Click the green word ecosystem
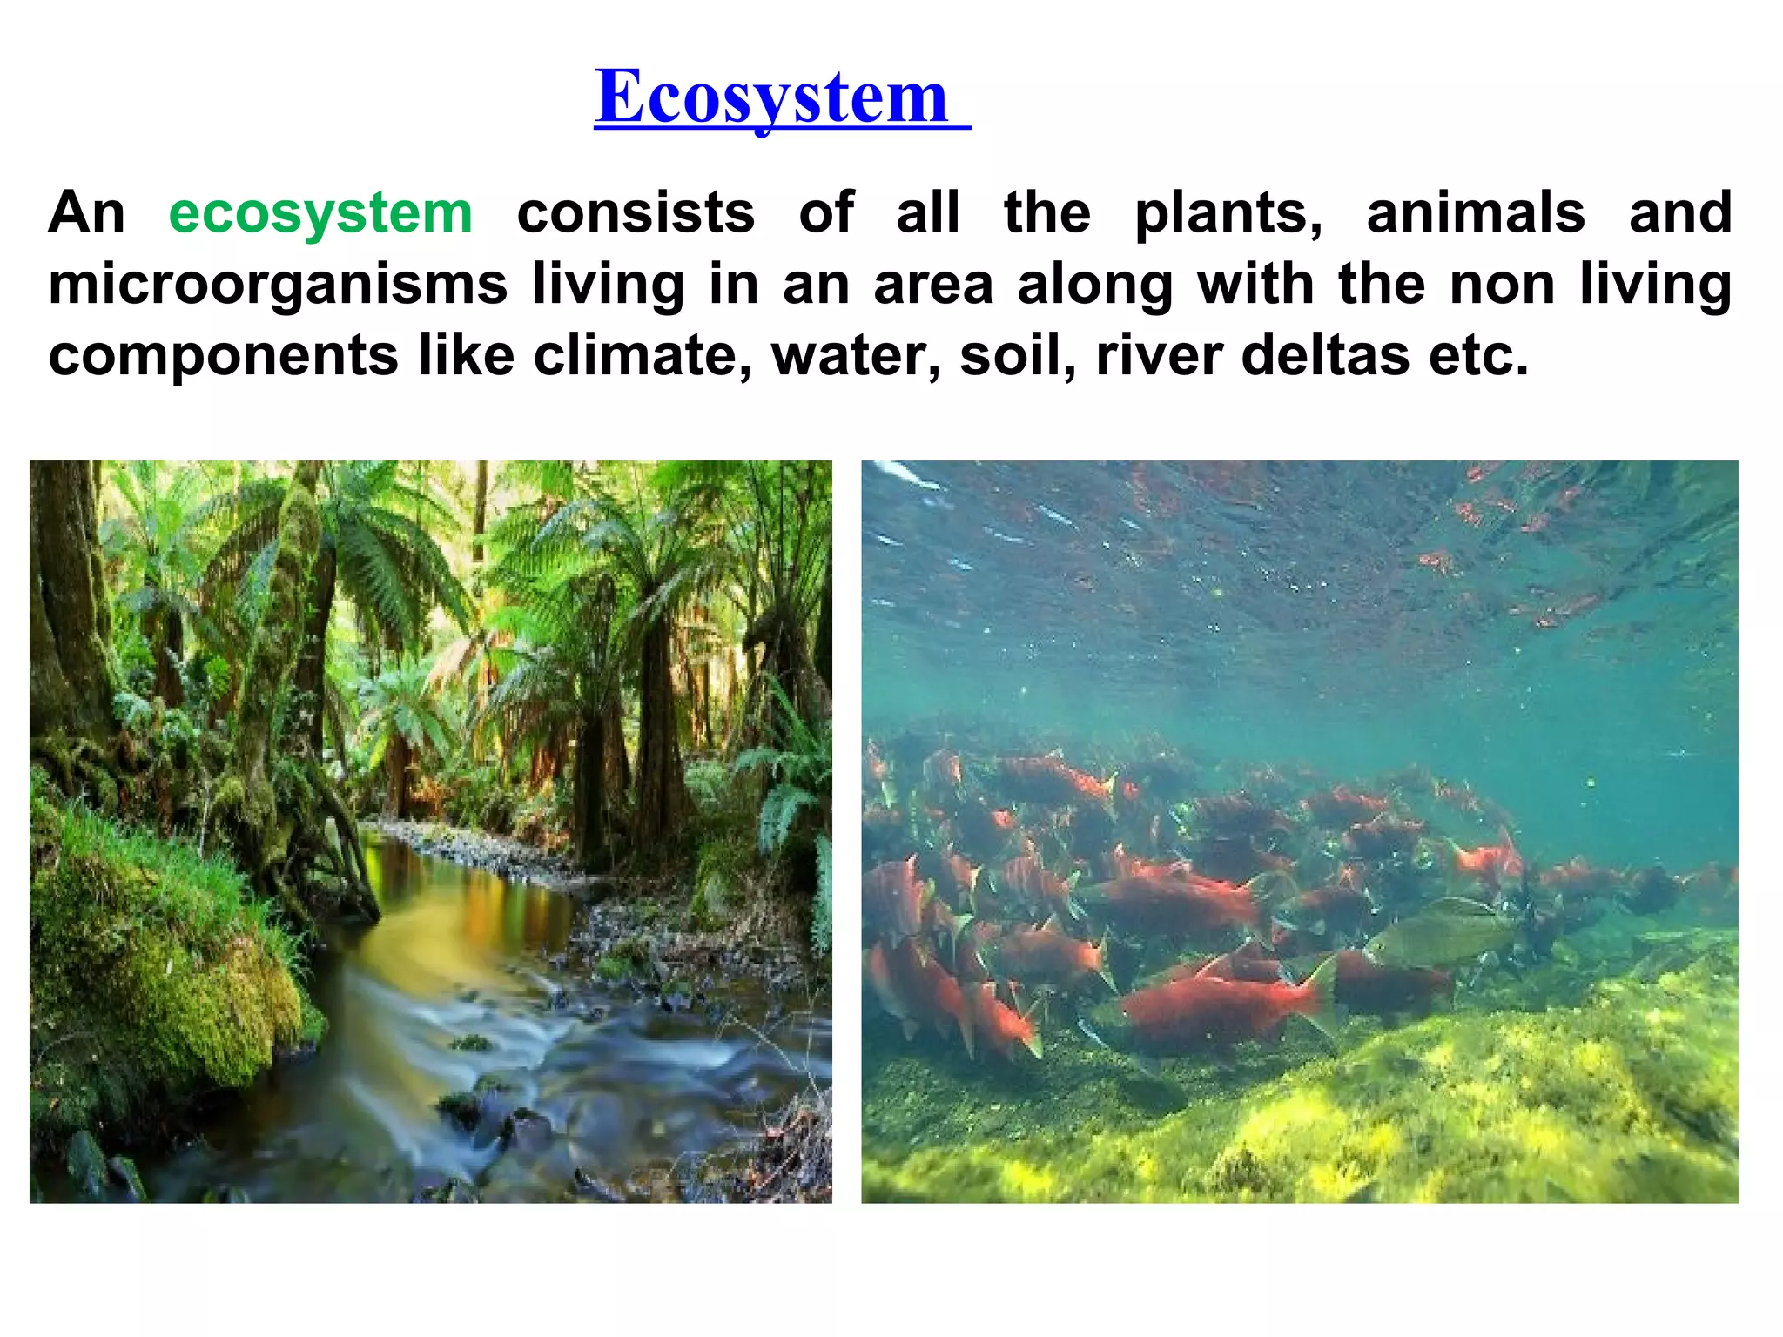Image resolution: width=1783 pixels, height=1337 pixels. (x=320, y=213)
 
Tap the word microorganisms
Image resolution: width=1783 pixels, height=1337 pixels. (x=278, y=285)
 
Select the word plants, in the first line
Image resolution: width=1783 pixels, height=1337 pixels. (x=1228, y=213)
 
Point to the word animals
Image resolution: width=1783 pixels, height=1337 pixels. (x=1476, y=213)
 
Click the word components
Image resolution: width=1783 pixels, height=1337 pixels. (x=223, y=356)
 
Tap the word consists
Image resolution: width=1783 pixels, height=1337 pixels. (x=636, y=213)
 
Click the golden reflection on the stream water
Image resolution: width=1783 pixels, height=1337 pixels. (x=435, y=923)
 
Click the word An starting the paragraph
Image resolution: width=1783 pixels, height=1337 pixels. (x=86, y=213)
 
